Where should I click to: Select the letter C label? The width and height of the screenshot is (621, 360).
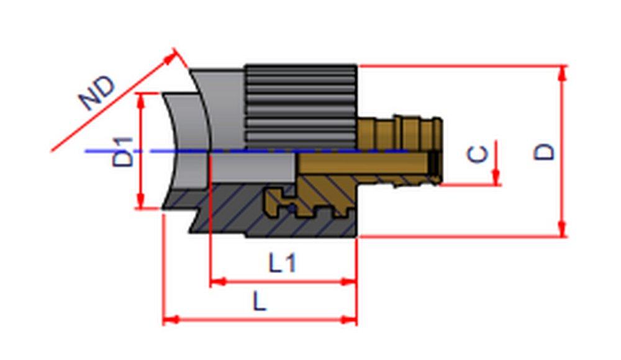click(x=478, y=153)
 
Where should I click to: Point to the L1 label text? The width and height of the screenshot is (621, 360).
click(x=283, y=264)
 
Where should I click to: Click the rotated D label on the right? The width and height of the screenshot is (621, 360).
click(x=545, y=151)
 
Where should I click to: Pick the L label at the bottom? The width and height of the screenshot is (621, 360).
click(x=260, y=302)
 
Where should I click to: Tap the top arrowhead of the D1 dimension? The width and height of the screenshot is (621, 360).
click(x=142, y=99)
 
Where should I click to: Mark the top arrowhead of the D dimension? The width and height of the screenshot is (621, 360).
click(x=563, y=72)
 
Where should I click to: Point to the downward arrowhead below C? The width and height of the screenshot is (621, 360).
click(x=496, y=178)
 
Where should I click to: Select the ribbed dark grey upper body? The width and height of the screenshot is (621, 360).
click(x=301, y=106)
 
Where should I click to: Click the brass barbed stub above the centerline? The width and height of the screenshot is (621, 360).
click(x=401, y=132)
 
